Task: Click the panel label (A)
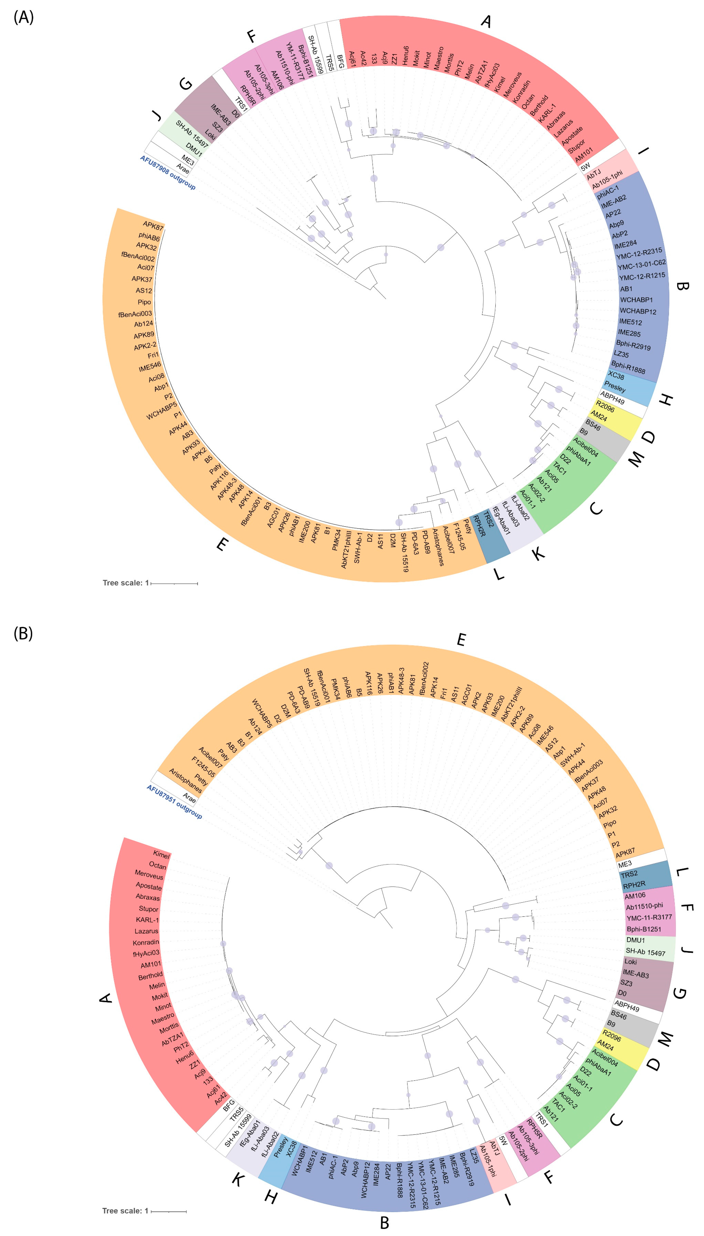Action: [23, 18]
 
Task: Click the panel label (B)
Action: [23, 633]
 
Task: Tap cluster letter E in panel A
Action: [221, 545]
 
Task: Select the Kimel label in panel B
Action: [162, 855]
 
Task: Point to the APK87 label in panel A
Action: [153, 226]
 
